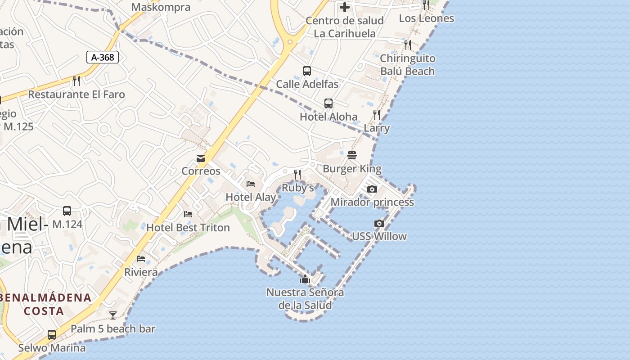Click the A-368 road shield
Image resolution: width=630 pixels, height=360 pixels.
click(103, 57)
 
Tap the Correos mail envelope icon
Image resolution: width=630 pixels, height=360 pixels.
click(201, 158)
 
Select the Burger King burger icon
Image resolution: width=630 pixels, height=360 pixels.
click(352, 155)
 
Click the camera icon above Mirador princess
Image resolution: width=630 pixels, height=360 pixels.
click(372, 189)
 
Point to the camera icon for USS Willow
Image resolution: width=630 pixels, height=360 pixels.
click(379, 223)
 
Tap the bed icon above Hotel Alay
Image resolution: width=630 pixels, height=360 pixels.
click(251, 184)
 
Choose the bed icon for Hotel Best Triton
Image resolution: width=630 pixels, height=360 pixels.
click(188, 214)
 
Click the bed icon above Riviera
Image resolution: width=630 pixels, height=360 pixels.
click(141, 259)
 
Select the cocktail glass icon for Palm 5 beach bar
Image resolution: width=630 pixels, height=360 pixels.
click(113, 315)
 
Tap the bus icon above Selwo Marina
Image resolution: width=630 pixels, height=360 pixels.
click(52, 335)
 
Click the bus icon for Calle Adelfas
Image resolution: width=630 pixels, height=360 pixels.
click(307, 71)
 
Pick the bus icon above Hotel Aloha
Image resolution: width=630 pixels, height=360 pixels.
click(328, 103)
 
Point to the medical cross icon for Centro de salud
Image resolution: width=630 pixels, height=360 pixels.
click(345, 7)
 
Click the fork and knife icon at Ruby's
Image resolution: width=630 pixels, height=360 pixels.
click(297, 174)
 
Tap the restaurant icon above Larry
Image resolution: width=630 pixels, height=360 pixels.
click(377, 115)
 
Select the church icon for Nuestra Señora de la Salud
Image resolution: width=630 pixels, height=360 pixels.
click(305, 279)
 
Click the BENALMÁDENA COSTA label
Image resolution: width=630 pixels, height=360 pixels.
click(45, 304)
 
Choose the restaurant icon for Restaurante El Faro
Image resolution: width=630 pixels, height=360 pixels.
click(76, 81)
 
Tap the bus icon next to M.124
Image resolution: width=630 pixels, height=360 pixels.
click(67, 211)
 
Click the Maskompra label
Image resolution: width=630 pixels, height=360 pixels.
click(161, 7)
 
